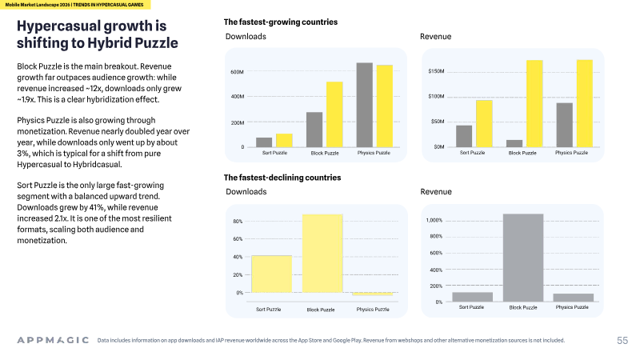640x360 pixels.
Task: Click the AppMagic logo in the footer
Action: click(53, 340)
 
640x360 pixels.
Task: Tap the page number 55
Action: click(622, 341)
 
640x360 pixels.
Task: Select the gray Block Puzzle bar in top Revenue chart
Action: click(514, 143)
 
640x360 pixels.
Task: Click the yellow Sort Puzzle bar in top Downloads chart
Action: click(284, 141)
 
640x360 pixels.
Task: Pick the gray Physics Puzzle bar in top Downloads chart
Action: click(365, 105)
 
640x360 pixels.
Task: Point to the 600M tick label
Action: click(237, 72)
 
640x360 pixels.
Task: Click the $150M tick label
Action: click(436, 71)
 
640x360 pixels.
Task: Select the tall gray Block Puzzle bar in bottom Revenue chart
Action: click(523, 258)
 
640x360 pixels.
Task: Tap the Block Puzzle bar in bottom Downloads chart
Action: click(322, 254)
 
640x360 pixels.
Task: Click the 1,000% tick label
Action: click(434, 220)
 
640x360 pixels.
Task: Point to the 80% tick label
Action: click(238, 222)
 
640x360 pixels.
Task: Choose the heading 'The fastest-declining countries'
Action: click(282, 178)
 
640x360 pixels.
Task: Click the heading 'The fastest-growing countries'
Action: click(281, 22)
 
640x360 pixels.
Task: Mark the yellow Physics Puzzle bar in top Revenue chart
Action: click(585, 103)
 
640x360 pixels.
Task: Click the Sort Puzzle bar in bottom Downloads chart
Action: click(272, 274)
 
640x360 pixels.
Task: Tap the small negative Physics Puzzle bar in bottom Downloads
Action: click(373, 294)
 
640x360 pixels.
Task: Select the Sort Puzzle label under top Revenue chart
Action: click(472, 153)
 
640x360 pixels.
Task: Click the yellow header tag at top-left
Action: click(75, 5)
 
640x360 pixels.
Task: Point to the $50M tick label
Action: click(438, 122)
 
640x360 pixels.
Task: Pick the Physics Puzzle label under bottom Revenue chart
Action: click(572, 307)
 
